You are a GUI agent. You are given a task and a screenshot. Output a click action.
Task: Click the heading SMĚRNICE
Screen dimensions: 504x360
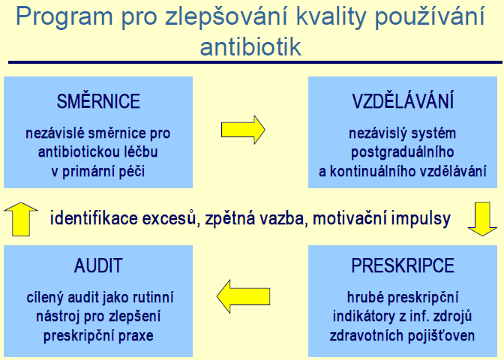(98, 100)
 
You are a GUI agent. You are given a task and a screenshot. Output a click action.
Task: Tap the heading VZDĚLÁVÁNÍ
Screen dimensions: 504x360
(403, 100)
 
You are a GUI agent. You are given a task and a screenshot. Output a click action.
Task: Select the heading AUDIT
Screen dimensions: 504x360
(98, 265)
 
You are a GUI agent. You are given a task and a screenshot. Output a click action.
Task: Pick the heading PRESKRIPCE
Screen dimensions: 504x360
(403, 265)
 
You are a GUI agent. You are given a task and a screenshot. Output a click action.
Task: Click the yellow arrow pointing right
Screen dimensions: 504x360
(243, 130)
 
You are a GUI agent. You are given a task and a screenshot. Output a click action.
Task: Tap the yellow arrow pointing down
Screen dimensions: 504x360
(482, 219)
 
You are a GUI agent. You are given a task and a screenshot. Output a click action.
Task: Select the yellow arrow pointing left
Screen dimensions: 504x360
(243, 296)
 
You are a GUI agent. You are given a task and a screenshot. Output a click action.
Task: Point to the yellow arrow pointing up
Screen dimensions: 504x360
(21, 219)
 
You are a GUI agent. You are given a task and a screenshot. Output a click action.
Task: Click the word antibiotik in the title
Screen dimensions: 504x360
(250, 47)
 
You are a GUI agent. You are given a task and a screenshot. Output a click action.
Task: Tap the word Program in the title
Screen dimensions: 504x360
(64, 16)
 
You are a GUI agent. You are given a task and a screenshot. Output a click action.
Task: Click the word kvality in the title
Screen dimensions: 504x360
(331, 16)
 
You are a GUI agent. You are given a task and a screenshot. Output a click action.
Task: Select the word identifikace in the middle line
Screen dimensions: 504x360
(94, 218)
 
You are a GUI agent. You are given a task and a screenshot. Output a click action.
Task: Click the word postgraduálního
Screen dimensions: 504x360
(403, 152)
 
